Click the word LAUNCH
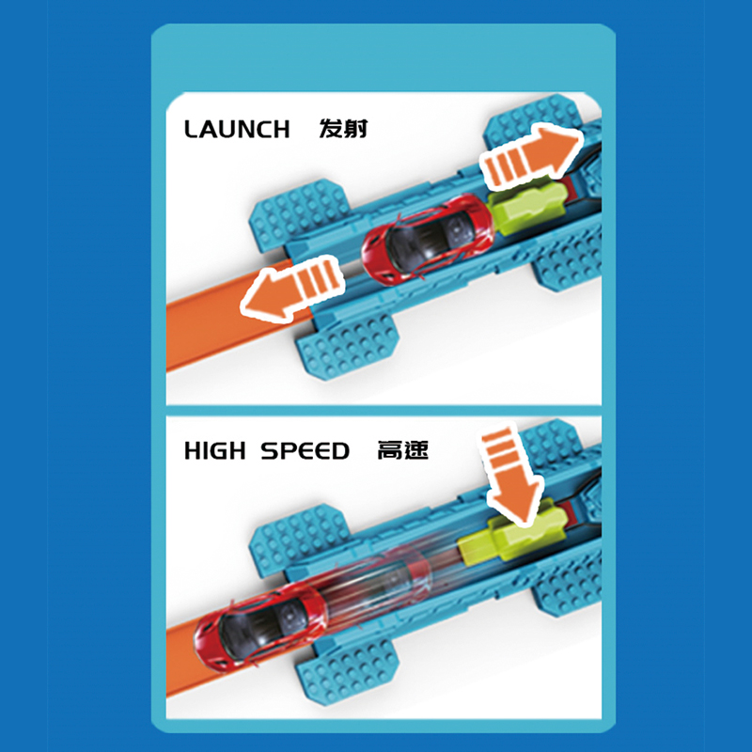[x=237, y=129]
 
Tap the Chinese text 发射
[x=343, y=129]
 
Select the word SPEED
[x=305, y=451]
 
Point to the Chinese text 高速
[x=402, y=450]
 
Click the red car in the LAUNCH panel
[x=427, y=238]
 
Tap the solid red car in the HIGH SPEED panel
[x=260, y=624]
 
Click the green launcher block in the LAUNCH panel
[x=526, y=204]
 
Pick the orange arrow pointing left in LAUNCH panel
[x=292, y=288]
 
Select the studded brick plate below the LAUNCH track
[x=349, y=344]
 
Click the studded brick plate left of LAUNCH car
[x=300, y=213]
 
